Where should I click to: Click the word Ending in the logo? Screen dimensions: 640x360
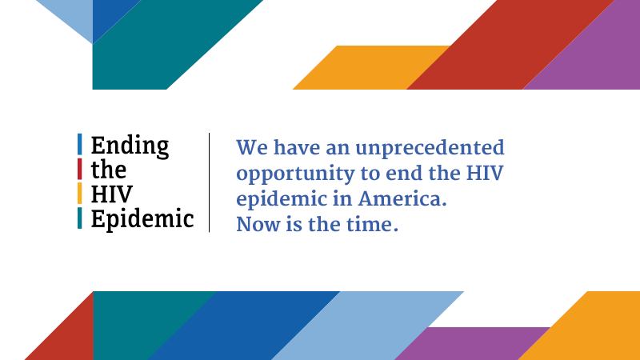pos(130,146)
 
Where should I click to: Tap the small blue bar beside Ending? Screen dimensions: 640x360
pos(79,144)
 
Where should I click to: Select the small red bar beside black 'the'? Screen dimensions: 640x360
pos(79,169)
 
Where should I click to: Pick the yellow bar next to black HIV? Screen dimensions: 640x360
pos(79,193)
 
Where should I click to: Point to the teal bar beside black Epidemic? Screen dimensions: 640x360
pos(79,218)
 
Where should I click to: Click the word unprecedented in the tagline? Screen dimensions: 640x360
pos(430,149)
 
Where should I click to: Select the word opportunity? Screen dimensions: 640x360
pos(296,174)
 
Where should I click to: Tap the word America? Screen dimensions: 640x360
pos(402,199)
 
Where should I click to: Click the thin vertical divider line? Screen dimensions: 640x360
pos(210,182)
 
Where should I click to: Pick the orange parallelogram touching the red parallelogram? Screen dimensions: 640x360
pos(371,67)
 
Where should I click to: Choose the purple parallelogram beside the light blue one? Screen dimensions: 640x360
pos(472,343)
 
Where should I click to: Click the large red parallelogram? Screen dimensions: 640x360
pos(510,45)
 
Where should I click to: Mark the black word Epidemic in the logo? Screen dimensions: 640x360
pos(142,219)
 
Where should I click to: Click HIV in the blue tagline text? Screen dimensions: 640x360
pos(485,174)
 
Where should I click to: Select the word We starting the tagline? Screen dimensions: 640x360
pos(252,148)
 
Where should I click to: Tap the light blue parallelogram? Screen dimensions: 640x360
pos(367,326)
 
